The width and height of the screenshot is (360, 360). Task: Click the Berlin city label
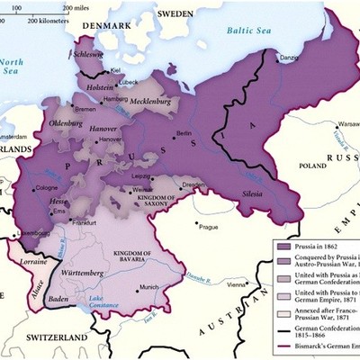pyautogui.click(x=184, y=133)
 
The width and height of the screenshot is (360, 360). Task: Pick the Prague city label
pyautogui.click(x=209, y=227)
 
